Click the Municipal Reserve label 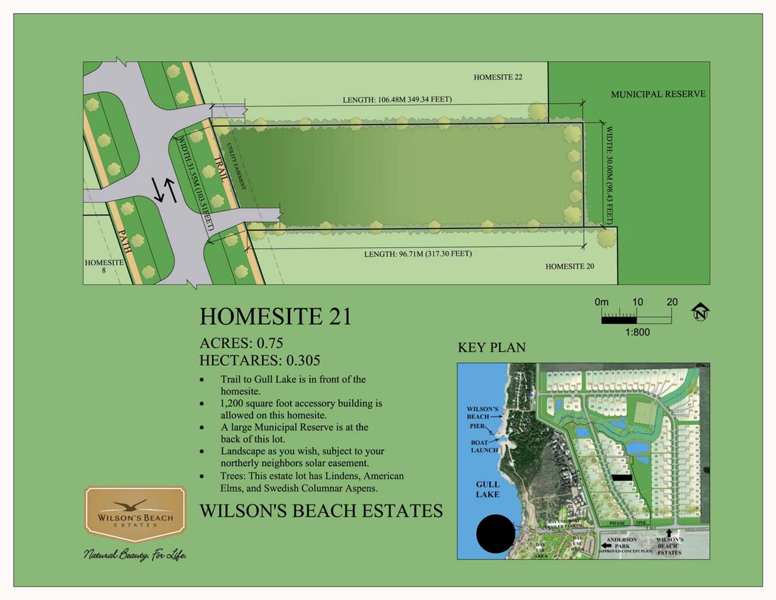(658, 94)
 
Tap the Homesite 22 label (498, 77)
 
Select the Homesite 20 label (569, 267)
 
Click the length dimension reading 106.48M (397, 100)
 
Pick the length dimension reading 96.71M (418, 254)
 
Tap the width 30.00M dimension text (609, 175)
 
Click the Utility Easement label (237, 166)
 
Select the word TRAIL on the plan (221, 169)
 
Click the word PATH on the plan (125, 242)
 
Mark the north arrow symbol (700, 312)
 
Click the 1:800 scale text (637, 332)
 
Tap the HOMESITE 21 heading (276, 317)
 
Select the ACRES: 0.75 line (241, 343)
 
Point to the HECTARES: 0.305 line (259, 361)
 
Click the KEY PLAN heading (492, 348)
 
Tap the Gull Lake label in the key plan (487, 489)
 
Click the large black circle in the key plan (495, 534)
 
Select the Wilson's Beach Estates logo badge (135, 514)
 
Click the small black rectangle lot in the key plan (622, 477)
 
